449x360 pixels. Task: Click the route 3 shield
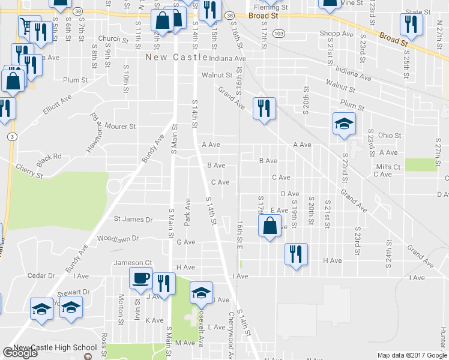[x=12, y=137]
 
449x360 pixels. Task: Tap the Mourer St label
[x=121, y=127]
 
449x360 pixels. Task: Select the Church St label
[x=114, y=40]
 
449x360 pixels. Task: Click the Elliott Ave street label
[x=57, y=104]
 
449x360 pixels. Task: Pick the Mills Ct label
[x=388, y=167]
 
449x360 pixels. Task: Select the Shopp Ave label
[x=337, y=34]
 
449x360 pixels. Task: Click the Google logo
[x=20, y=353]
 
